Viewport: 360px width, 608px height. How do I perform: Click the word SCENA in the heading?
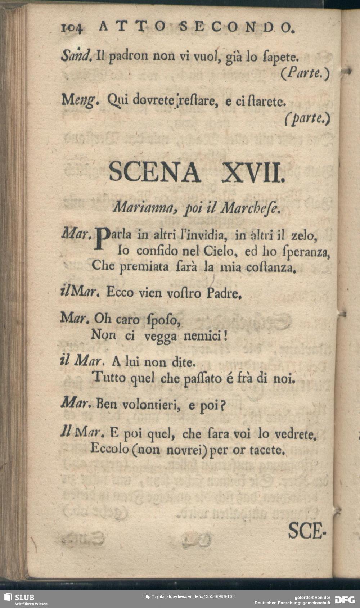(155, 172)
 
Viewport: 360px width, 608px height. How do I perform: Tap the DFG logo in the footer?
(345, 600)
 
